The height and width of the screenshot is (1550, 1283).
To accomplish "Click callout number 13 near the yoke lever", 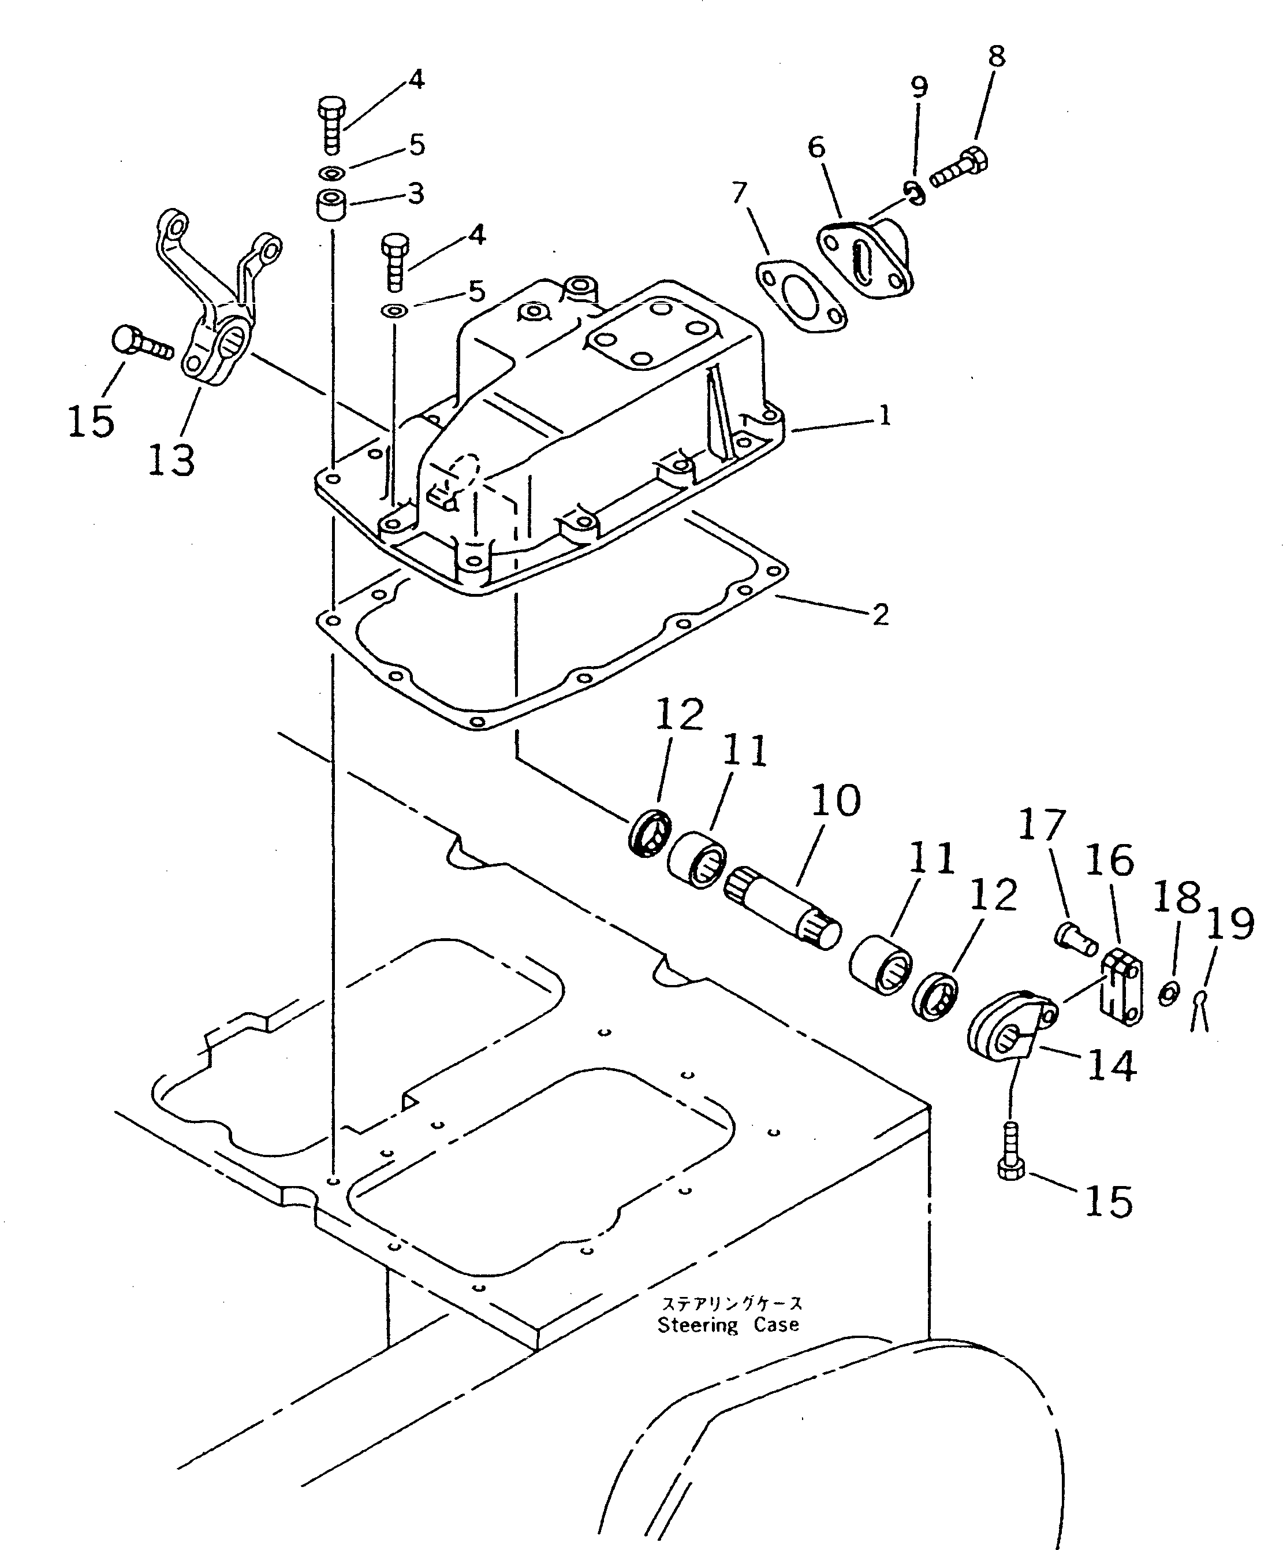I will point(171,459).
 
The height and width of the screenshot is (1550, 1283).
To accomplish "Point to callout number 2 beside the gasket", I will point(880,614).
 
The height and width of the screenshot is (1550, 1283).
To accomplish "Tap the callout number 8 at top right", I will point(996,57).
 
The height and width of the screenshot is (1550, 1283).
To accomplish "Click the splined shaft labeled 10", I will point(784,907).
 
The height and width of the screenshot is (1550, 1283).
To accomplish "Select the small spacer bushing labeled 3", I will point(332,204).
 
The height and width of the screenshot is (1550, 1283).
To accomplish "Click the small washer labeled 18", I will point(1169,994).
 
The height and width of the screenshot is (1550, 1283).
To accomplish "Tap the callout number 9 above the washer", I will point(919,87).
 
